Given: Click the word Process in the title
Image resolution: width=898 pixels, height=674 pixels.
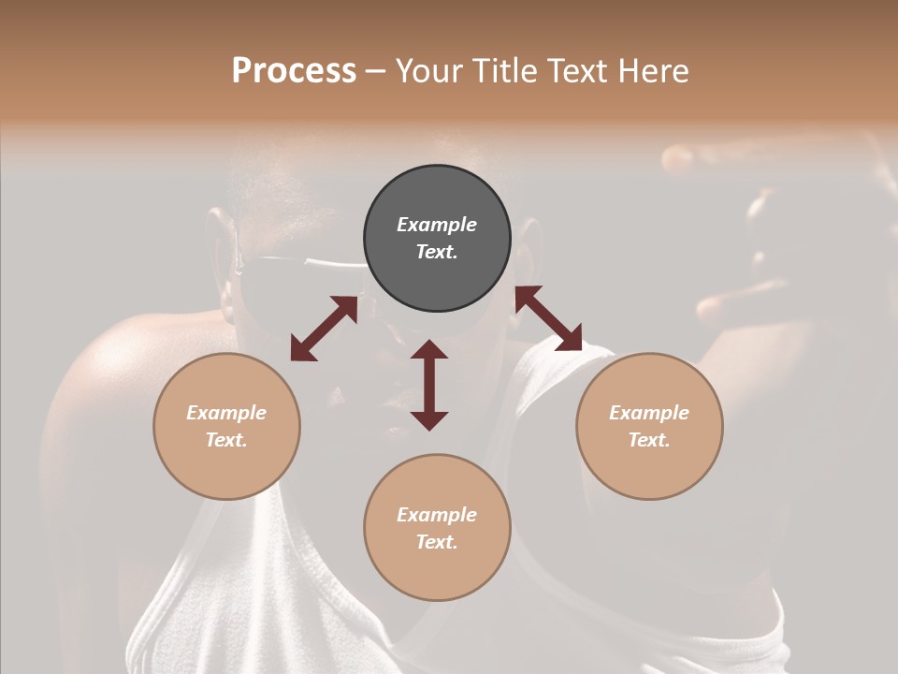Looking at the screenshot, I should coord(294,71).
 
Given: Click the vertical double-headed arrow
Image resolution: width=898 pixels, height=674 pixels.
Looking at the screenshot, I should coord(429,385).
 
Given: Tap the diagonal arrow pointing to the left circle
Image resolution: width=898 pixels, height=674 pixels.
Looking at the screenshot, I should coord(324,329).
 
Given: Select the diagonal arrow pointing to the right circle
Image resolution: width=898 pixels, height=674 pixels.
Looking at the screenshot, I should coord(548,318).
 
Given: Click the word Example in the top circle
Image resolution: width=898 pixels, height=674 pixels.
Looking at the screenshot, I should coord(437,225).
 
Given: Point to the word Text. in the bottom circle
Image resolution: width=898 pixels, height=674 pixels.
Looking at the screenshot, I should coord(437,542).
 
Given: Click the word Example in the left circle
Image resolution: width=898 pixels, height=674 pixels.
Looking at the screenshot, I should coord(226,413).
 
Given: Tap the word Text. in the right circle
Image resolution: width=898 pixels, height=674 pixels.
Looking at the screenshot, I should coord(649,440).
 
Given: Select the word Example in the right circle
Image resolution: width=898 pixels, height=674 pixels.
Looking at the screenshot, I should coord(649,413).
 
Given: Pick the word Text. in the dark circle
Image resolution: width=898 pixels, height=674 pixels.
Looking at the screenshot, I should coord(437,252).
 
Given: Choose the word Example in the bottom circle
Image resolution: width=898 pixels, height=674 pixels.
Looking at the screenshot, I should coord(437,515).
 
